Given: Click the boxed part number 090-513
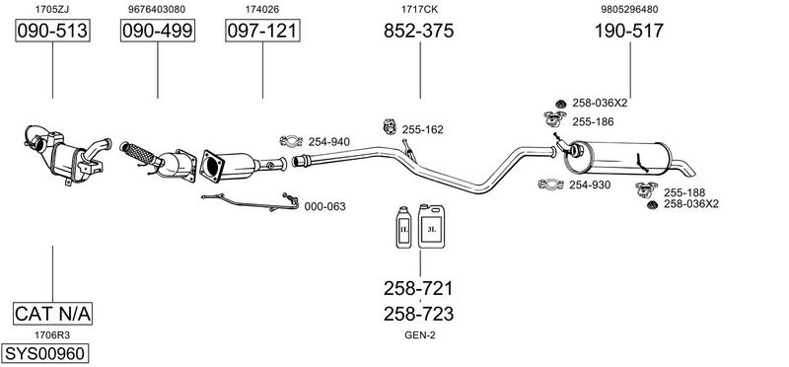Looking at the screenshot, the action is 52,31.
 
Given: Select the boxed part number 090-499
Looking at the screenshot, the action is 158,31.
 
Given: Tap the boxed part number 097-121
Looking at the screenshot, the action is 262,31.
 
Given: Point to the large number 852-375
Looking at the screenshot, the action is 418,31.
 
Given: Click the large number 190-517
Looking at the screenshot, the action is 629,31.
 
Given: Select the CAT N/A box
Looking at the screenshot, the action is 52,314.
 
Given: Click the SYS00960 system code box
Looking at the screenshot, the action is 44,353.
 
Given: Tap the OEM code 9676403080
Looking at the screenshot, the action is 157,9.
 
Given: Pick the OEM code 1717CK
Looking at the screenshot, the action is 419,9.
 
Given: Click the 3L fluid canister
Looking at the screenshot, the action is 431,226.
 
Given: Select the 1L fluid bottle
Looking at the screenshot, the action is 403,228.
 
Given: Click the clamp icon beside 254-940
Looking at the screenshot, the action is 291,141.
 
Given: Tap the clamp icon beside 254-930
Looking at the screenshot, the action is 550,184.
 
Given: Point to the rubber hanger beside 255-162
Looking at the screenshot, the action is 390,126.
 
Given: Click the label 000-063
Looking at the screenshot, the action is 325,206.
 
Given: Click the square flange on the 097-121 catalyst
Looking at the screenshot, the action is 212,165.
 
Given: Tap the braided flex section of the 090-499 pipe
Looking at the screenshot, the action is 140,154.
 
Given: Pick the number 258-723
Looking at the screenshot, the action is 418,314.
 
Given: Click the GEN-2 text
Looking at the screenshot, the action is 420,335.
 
